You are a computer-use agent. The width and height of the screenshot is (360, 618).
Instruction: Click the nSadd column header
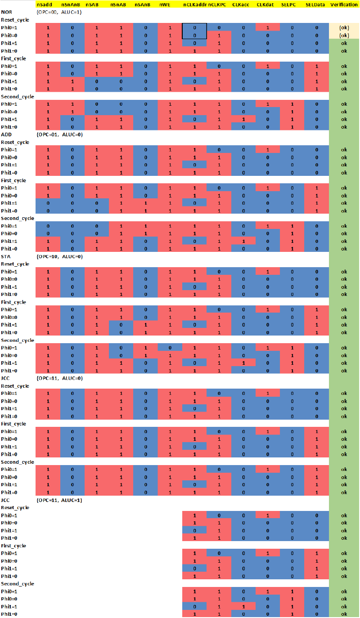[x=45, y=4]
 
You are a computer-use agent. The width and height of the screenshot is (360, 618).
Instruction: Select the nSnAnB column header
[x=71, y=4]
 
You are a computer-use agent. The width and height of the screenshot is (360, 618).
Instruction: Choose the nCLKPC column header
[x=217, y=4]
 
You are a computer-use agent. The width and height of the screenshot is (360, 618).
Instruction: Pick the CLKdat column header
[x=265, y=4]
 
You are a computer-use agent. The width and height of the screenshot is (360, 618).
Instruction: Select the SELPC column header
[x=288, y=4]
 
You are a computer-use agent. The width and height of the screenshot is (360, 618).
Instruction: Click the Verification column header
[x=344, y=4]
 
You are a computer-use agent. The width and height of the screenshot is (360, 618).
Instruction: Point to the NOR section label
[x=6, y=12]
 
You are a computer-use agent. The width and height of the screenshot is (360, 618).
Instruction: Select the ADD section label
[x=6, y=134]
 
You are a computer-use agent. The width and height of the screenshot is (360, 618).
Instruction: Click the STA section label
[x=6, y=256]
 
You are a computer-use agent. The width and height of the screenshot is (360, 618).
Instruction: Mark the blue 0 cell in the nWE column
[x=170, y=348]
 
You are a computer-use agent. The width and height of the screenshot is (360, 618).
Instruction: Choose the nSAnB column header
[x=143, y=4]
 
